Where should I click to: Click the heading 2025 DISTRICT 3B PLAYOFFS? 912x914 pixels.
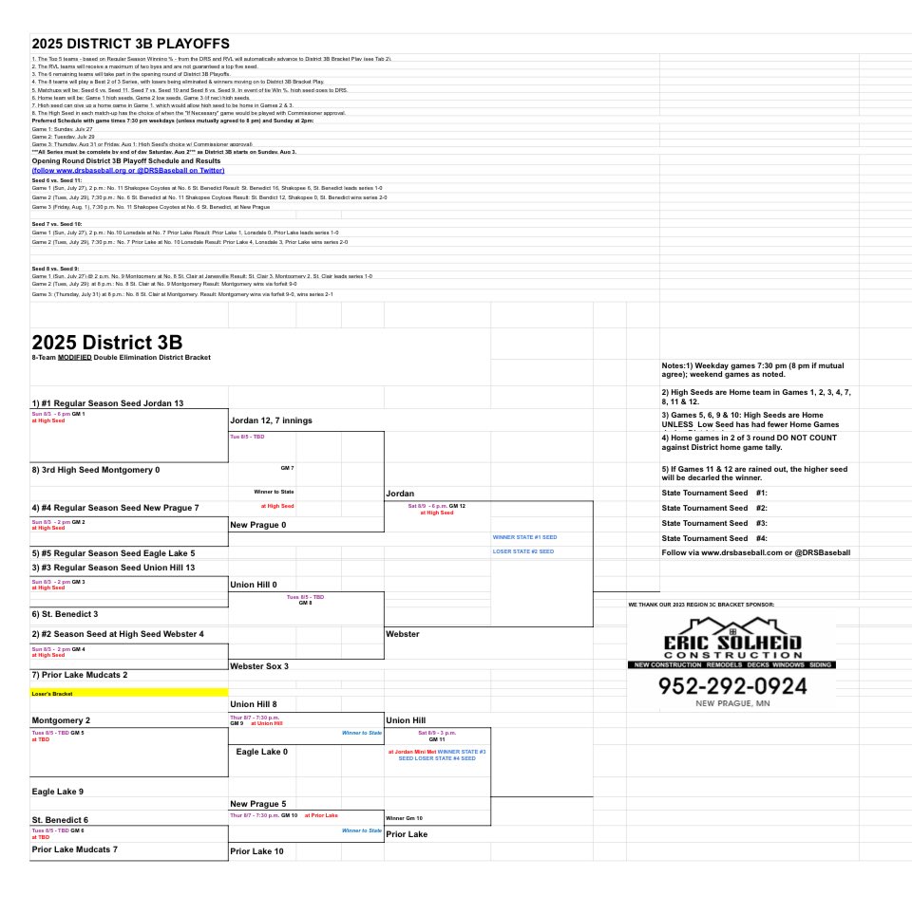point(130,44)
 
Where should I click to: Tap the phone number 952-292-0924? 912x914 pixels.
point(731,686)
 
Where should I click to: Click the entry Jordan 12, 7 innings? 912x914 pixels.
point(272,420)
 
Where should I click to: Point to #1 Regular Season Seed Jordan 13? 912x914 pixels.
point(107,403)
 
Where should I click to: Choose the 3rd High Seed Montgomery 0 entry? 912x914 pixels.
point(95,470)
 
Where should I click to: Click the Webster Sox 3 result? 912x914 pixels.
point(259,666)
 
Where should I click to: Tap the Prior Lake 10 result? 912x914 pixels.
point(256,851)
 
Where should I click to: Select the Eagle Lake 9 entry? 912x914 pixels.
point(57,791)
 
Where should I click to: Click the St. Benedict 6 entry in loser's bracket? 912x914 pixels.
point(60,819)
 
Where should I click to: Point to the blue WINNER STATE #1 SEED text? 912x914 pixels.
point(524,537)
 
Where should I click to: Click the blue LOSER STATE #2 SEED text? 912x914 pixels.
point(523,551)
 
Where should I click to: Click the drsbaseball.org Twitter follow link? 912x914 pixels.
point(128,170)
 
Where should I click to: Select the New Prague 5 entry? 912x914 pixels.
point(258,804)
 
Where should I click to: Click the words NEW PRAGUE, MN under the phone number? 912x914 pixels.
point(731,704)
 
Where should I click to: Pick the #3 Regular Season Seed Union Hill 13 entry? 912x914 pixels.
point(113,568)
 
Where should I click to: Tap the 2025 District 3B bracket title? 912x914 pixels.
point(106,343)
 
